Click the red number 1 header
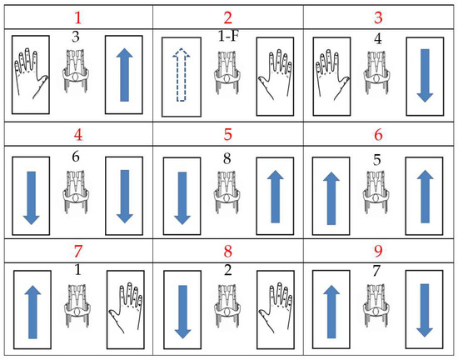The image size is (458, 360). tap(78, 17)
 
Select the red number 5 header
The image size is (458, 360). tap(228, 134)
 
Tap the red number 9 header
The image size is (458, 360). tap(378, 251)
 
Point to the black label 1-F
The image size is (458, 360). tap(228, 36)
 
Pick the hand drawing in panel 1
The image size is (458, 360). tap(31, 73)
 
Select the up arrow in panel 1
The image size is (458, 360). tap(124, 75)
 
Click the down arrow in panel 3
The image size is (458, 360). tap(425, 76)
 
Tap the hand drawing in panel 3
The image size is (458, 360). tap(332, 74)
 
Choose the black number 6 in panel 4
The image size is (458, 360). tap(76, 157)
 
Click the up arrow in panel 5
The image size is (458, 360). tap(275, 197)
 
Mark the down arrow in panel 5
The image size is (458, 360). tap(182, 198)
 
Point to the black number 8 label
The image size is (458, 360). tap(227, 158)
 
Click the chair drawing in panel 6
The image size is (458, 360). tap(376, 192)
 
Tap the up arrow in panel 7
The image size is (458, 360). tap(32, 312)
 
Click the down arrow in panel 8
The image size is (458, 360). tap(183, 312)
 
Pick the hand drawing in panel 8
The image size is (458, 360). tap(276, 307)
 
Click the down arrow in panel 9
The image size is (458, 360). tap(425, 310)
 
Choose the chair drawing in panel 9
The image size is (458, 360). tap(376, 306)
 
